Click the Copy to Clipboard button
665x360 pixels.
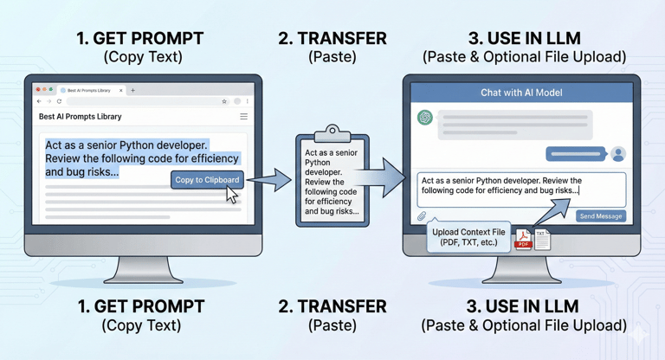(x=207, y=180)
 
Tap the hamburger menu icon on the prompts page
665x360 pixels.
(x=244, y=117)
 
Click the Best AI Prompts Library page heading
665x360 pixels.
(x=81, y=117)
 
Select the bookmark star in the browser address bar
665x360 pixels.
(x=224, y=101)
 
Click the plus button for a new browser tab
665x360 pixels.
(x=132, y=90)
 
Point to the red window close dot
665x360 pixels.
(x=37, y=90)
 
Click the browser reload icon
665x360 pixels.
(x=59, y=101)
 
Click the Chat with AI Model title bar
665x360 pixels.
(x=520, y=93)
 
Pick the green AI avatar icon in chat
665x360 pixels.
(x=425, y=118)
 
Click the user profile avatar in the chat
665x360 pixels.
(x=617, y=154)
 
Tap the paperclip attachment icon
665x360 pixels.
(x=422, y=216)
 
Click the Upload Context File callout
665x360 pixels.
(x=468, y=237)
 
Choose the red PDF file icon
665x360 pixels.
(x=523, y=240)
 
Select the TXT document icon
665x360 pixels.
(x=542, y=238)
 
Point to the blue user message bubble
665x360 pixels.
(x=574, y=154)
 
